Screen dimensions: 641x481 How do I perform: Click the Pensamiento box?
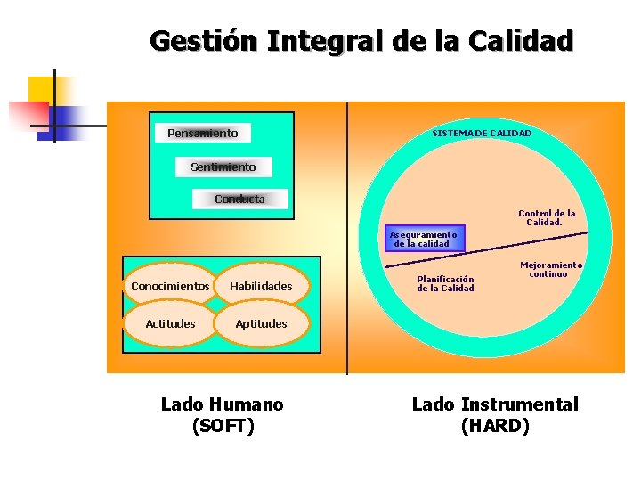click(203, 134)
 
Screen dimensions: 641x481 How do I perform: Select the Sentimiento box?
click(223, 167)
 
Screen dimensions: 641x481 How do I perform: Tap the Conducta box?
click(240, 199)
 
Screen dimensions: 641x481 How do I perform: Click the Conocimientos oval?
click(170, 286)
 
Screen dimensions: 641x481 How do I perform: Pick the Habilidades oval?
click(261, 286)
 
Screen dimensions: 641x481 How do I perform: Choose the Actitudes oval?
click(170, 323)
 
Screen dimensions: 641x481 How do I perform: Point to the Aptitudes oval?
click(261, 323)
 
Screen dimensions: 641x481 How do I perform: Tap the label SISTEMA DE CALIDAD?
click(482, 133)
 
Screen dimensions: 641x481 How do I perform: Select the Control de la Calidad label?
click(547, 217)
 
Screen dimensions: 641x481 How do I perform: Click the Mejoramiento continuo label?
click(551, 269)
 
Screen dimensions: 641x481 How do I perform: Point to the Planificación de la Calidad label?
click(445, 283)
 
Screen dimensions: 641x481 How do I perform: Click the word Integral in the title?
click(329, 41)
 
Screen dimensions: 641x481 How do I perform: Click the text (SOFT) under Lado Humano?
click(223, 427)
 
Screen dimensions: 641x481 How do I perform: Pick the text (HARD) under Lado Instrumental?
click(495, 427)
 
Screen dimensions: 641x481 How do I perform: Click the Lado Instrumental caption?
click(495, 404)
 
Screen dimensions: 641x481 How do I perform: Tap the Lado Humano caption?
click(223, 404)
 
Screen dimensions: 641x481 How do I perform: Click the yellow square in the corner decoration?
click(41, 89)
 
